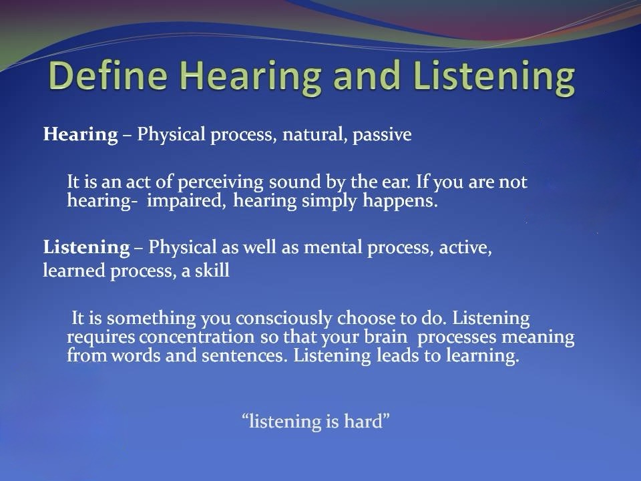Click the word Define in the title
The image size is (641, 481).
108,75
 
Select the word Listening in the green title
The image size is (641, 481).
494,77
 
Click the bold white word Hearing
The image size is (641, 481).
81,135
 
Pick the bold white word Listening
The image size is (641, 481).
86,248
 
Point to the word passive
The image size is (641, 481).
382,135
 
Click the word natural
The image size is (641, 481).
312,135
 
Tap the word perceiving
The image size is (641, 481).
220,182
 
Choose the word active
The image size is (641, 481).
465,248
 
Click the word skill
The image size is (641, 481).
212,271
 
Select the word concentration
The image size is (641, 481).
196,337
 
